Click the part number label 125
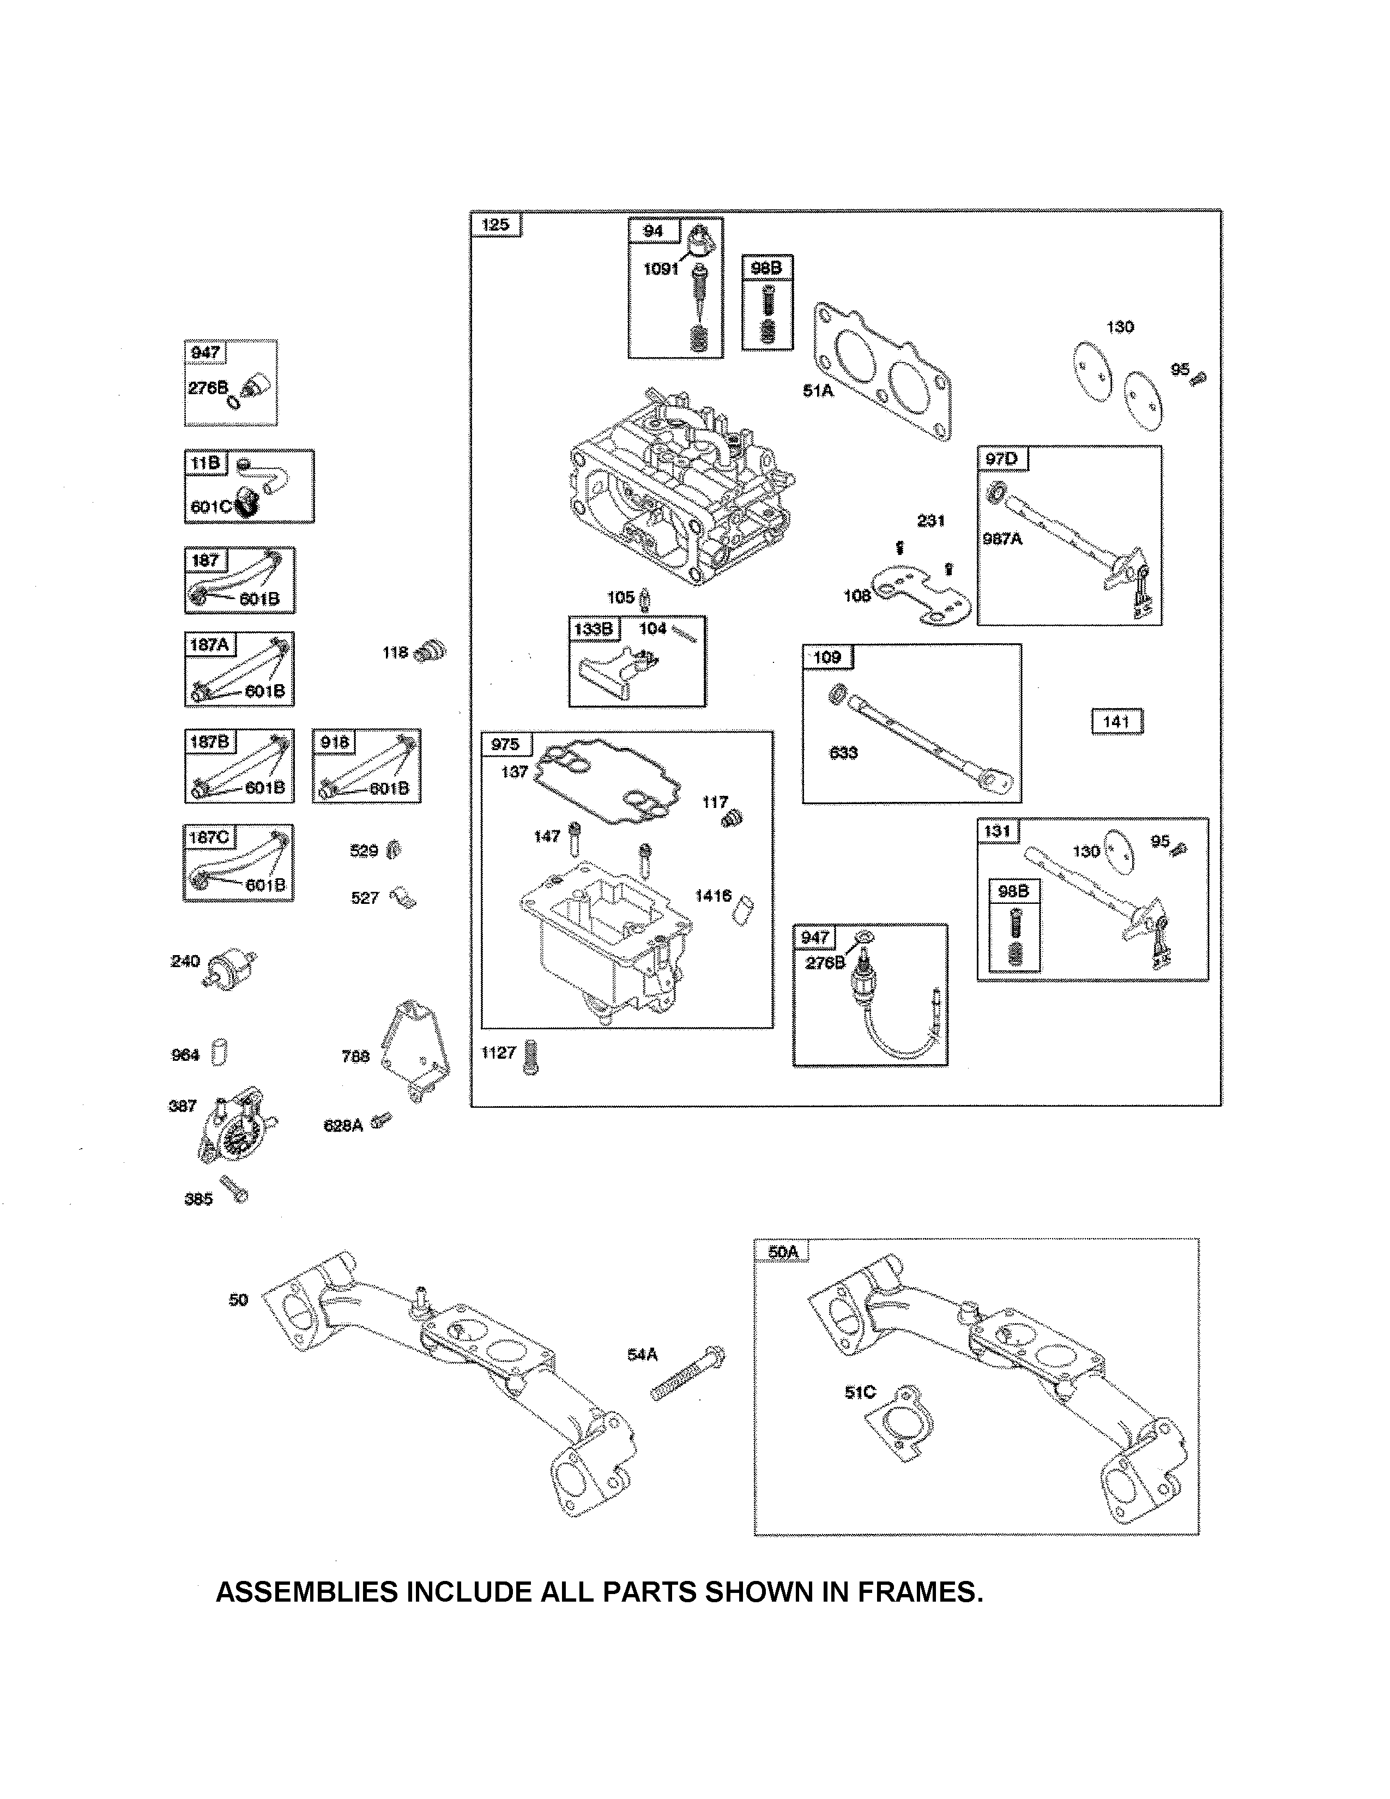[x=495, y=225]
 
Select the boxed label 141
[x=1116, y=722]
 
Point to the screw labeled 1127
[x=529, y=1059]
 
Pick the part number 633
[x=843, y=752]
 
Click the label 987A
[x=1002, y=539]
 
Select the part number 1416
[x=713, y=895]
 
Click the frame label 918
[x=334, y=742]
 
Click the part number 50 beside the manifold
[x=238, y=1300]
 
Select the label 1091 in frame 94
[x=661, y=269]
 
